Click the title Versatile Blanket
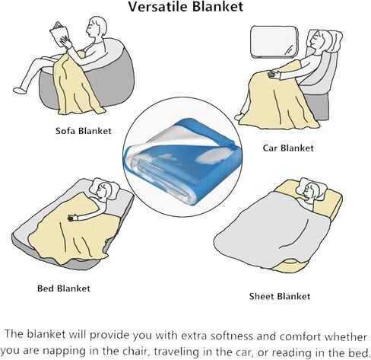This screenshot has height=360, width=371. (x=185, y=7)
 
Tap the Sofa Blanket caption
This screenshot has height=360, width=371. (x=84, y=131)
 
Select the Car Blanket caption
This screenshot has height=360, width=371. (x=288, y=148)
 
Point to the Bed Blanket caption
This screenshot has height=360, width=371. (x=64, y=288)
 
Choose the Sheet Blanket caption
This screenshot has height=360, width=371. (x=280, y=296)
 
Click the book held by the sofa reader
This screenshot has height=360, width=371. (x=59, y=34)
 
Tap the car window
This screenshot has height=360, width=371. (x=274, y=42)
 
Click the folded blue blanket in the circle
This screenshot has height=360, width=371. (x=182, y=161)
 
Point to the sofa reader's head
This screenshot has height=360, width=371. (x=96, y=27)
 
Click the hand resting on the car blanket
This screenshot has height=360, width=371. (x=274, y=75)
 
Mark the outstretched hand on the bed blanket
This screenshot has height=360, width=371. (x=73, y=217)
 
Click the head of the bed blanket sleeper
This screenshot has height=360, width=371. (x=103, y=190)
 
